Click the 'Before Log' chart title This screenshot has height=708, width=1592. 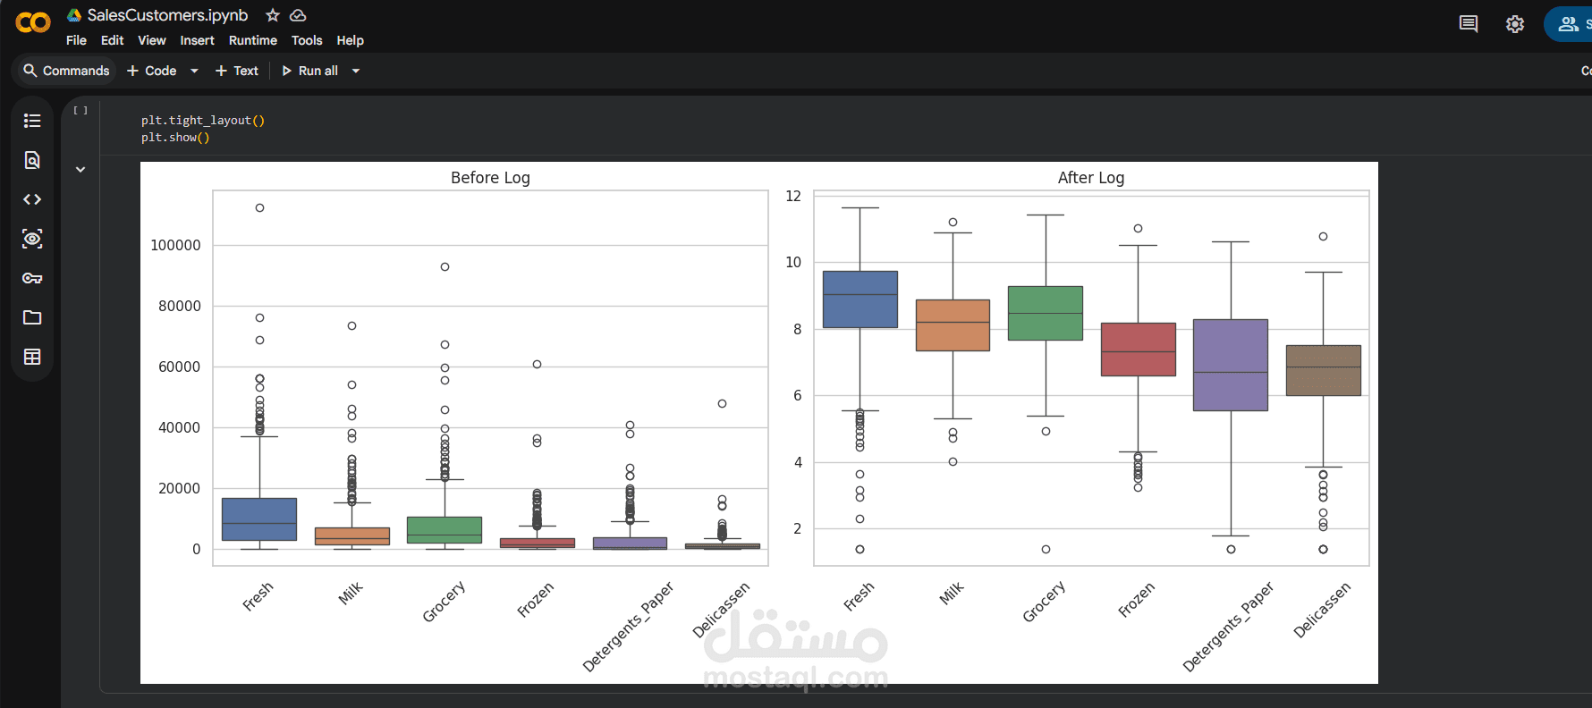tap(490, 178)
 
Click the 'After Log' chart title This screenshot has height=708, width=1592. tap(1090, 178)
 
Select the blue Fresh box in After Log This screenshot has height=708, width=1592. tap(860, 299)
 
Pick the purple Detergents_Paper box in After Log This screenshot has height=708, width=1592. tap(1231, 365)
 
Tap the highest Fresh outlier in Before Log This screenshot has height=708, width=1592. tap(259, 207)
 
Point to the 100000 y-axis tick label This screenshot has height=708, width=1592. tap(175, 245)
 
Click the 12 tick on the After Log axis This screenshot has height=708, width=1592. tap(793, 197)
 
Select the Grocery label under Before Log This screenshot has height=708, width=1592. tap(445, 602)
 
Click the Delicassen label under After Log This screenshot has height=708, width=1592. tap(1322, 610)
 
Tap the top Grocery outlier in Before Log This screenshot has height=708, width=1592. tap(445, 266)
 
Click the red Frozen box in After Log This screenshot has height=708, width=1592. tap(1138, 350)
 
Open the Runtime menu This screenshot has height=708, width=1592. tap(252, 40)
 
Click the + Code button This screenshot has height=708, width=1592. tap(152, 71)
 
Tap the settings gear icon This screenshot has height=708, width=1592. tap(1514, 24)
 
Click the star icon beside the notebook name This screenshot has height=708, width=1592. tap(273, 15)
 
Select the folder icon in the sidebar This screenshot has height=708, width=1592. tap(32, 317)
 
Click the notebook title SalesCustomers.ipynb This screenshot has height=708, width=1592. tap(167, 15)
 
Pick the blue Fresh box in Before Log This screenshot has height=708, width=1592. tap(259, 519)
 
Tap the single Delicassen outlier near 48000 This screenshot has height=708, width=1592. tap(722, 403)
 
